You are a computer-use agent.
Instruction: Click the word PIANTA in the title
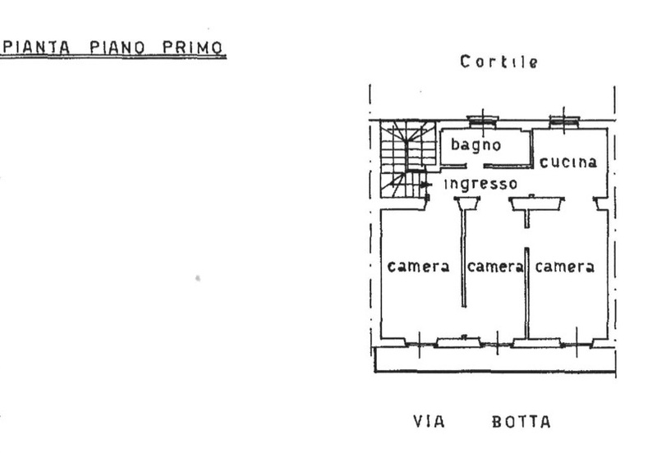[36, 47]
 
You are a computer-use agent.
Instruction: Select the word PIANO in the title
[117, 47]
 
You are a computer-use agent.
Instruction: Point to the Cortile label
[498, 62]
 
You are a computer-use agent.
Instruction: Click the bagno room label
[476, 145]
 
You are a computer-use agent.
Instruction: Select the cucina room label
[568, 162]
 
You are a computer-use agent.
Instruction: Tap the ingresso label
[481, 184]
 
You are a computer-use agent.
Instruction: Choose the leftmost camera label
[419, 267]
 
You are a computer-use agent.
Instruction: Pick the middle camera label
[495, 267]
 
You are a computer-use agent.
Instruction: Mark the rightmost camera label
[565, 267]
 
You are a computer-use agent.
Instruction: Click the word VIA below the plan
[429, 421]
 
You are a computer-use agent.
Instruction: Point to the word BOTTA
[521, 422]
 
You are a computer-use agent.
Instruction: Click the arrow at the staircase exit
[426, 185]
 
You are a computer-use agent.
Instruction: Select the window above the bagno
[483, 121]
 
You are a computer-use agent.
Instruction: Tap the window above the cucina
[564, 121]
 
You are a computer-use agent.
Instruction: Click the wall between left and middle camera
[463, 258]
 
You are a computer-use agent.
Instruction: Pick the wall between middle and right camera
[526, 292]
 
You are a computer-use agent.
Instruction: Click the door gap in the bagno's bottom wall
[475, 167]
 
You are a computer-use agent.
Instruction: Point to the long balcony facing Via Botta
[495, 359]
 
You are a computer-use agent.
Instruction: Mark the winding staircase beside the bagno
[407, 159]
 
